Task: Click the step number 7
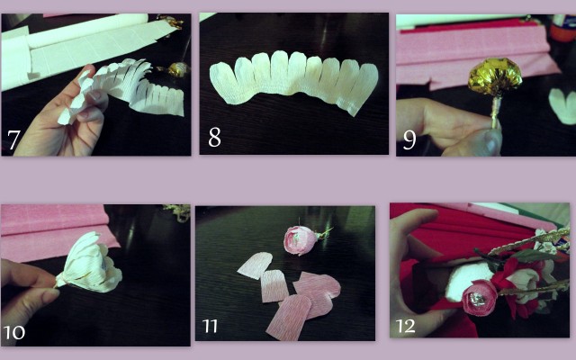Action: [x=13, y=139]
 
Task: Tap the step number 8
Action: [x=214, y=138]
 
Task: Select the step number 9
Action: [x=409, y=140]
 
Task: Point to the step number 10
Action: [x=14, y=333]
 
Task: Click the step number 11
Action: [x=210, y=326]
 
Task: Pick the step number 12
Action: [x=406, y=326]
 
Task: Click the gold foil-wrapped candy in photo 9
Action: [x=495, y=76]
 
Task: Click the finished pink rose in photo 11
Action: [x=301, y=240]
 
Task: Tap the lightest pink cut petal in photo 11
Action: [x=256, y=265]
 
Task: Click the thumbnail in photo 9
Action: [x=491, y=142]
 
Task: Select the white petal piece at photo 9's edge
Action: [x=562, y=105]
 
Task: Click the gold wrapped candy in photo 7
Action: [x=178, y=69]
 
